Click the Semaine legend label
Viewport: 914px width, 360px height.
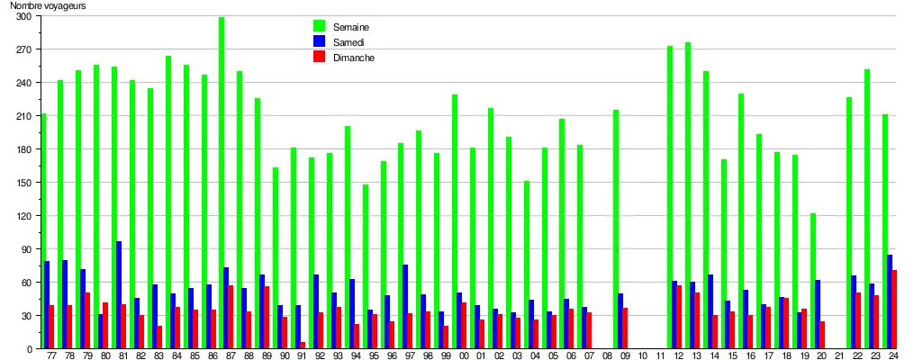(x=350, y=26)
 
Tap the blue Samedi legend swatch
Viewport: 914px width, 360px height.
(x=319, y=41)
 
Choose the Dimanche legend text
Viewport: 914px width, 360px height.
(x=353, y=57)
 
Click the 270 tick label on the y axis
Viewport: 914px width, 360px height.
(x=23, y=49)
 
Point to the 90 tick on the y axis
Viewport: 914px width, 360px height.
(x=25, y=249)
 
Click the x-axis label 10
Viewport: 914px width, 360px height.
(x=642, y=356)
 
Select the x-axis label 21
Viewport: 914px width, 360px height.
(x=839, y=356)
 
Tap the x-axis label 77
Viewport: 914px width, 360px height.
(x=51, y=356)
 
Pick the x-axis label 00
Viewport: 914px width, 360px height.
(x=463, y=356)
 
